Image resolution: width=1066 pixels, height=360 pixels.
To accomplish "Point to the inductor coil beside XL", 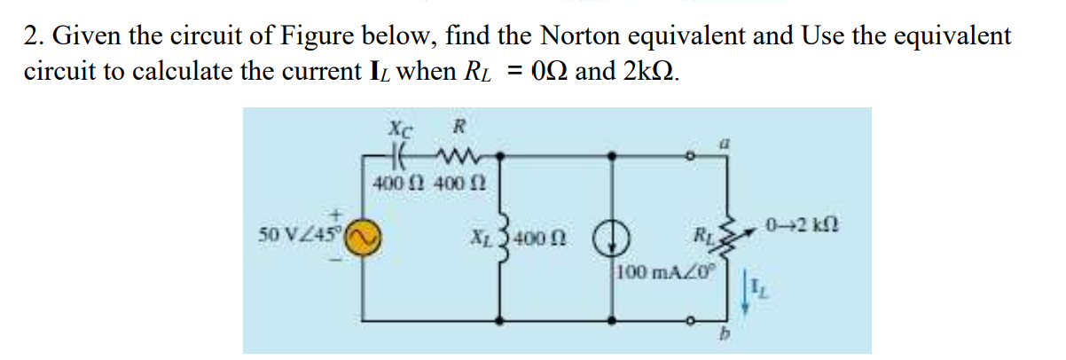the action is pyautogui.click(x=505, y=233).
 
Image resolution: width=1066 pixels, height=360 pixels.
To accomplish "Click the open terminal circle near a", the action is pyautogui.click(x=695, y=155).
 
